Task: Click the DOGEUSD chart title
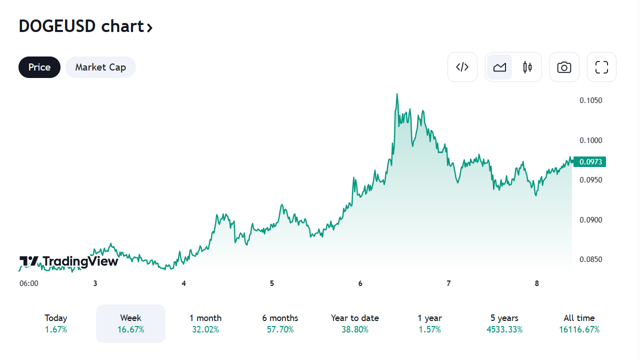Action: (85, 26)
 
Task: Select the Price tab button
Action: (39, 67)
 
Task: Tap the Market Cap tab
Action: (100, 67)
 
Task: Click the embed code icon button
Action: (462, 67)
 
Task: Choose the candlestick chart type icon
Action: (527, 67)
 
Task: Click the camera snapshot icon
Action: (564, 67)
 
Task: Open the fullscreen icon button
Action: (601, 67)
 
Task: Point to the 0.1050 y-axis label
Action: (590, 100)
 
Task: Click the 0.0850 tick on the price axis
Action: (590, 259)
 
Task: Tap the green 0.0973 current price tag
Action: (590, 161)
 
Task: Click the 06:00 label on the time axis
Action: (29, 283)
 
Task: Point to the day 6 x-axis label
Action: (360, 283)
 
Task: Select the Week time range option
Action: (130, 323)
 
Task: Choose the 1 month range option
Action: (205, 323)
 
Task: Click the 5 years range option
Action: (504, 323)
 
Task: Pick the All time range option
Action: (579, 323)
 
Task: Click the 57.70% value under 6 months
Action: (280, 329)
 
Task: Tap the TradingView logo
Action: (69, 261)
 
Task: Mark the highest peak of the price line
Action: (397, 94)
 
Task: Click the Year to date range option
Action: (355, 323)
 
